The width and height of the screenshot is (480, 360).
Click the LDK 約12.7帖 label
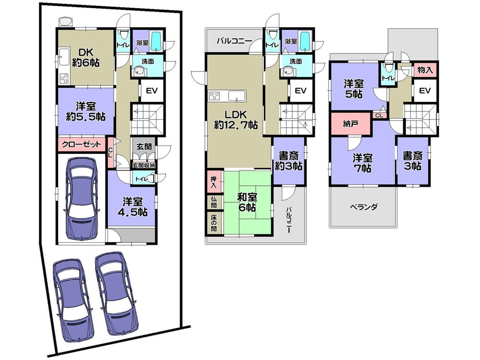pyautogui.click(x=236, y=120)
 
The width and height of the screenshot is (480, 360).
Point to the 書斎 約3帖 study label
pyautogui.click(x=288, y=161)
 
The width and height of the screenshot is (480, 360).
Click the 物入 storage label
pyautogui.click(x=425, y=70)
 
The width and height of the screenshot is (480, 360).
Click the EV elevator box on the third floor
pyautogui.click(x=425, y=91)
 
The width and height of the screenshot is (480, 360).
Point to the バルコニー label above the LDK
pyautogui.click(x=234, y=41)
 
